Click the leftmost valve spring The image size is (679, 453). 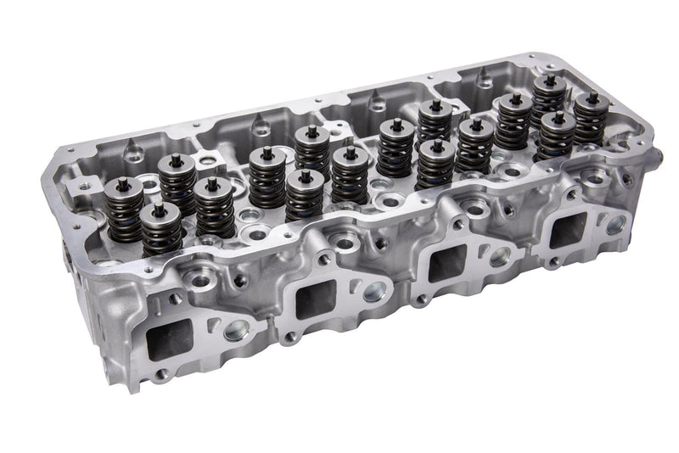click(x=125, y=208)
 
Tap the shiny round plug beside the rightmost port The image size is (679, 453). click(x=617, y=225)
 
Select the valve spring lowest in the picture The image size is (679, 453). click(x=161, y=228)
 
